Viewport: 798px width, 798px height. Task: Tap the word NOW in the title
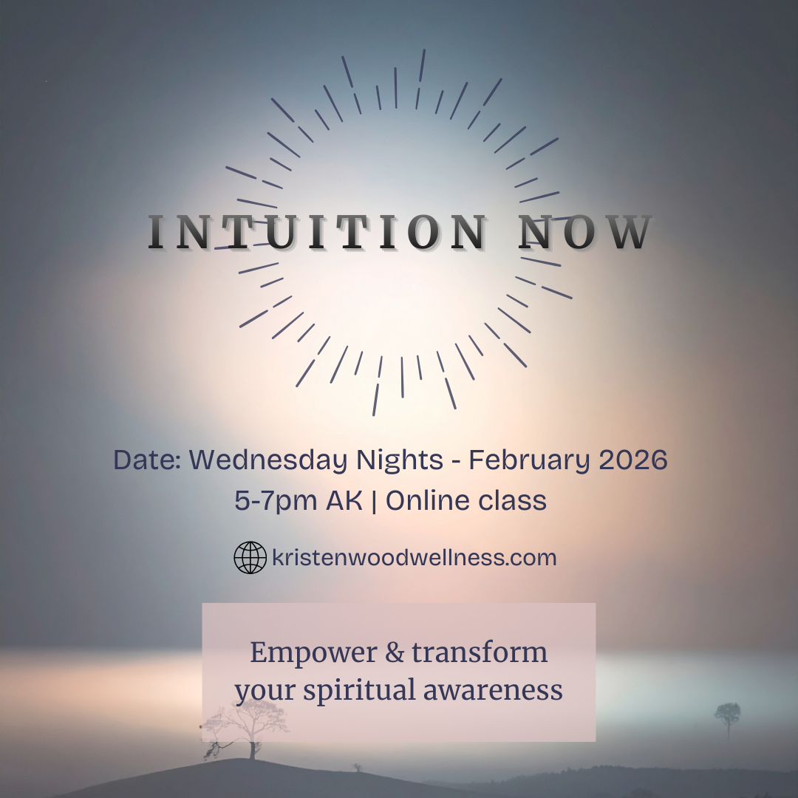pyautogui.click(x=585, y=232)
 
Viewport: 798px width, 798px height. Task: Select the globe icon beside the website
pyautogui.click(x=250, y=558)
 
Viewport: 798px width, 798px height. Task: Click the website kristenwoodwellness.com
pyautogui.click(x=414, y=558)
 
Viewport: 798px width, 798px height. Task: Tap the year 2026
pyautogui.click(x=633, y=460)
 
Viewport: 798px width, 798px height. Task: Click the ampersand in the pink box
pyautogui.click(x=389, y=653)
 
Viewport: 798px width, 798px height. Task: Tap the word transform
pyautogui.click(x=480, y=653)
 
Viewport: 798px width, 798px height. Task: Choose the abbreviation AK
pyautogui.click(x=344, y=501)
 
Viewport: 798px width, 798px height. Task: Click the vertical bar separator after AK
pyautogui.click(x=375, y=501)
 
